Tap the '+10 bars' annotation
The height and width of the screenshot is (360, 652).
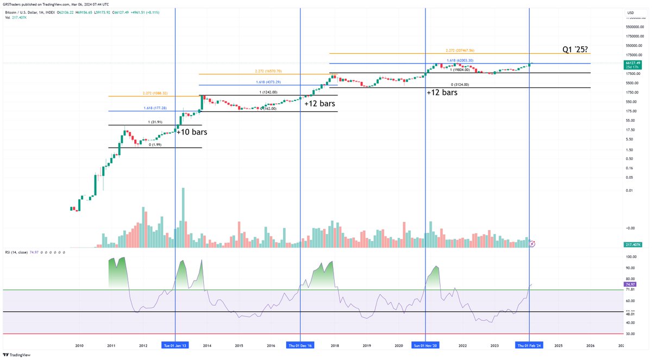192,131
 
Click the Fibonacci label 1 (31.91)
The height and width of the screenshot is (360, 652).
155,122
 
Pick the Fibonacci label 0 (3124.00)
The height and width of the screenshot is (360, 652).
460,85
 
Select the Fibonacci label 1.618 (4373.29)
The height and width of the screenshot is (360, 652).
268,82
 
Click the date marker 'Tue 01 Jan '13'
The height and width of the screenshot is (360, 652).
175,345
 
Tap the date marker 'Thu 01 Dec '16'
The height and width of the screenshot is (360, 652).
300,345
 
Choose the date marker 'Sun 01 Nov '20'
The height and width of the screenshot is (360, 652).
425,345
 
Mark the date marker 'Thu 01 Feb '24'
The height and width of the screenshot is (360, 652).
529,345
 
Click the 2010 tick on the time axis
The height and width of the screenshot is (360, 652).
79,345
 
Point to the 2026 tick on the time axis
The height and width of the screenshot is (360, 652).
590,345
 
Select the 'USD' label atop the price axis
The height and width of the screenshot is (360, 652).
630,12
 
